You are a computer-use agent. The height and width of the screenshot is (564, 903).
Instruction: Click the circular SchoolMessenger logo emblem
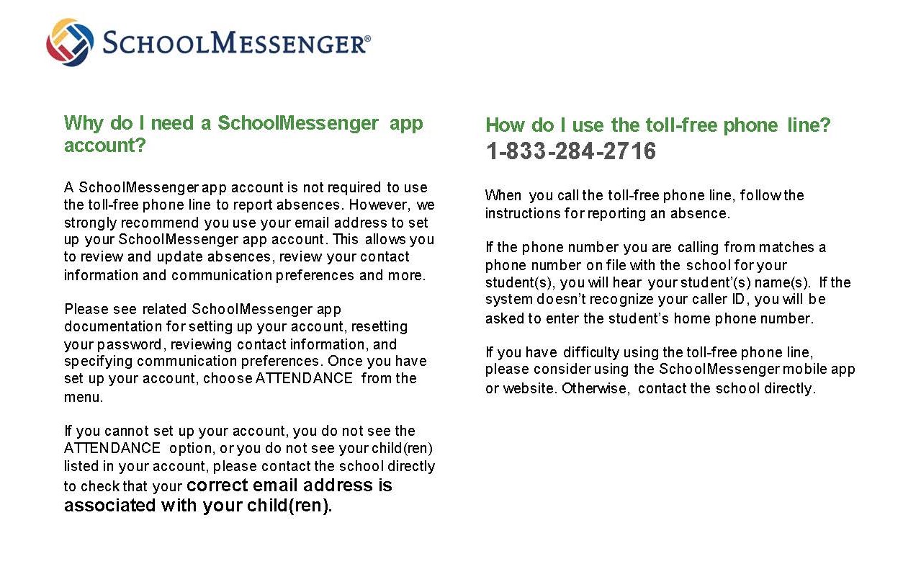click(x=70, y=42)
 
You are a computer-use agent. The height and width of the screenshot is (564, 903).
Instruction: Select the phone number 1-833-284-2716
click(x=570, y=151)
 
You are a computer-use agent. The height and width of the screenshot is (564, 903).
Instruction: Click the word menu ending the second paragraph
click(x=83, y=396)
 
